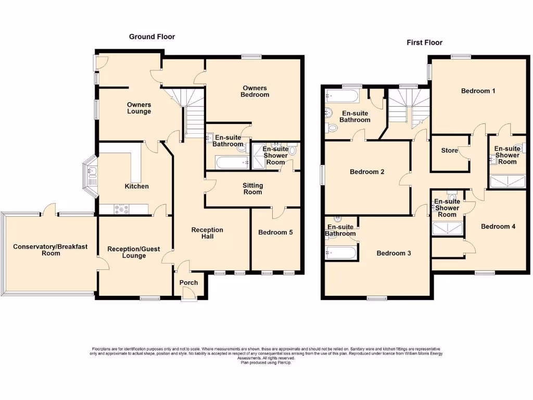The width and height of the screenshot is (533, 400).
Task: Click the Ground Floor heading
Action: click(x=152, y=37)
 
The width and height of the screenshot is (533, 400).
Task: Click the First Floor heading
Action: click(x=424, y=43)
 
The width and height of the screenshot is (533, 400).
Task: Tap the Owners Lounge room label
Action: click(x=139, y=108)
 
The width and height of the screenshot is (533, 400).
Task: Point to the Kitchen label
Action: click(x=136, y=186)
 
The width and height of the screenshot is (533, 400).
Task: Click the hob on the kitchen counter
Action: click(x=121, y=209)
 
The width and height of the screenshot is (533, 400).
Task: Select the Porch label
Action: click(x=188, y=283)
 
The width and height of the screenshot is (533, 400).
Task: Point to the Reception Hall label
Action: click(x=207, y=233)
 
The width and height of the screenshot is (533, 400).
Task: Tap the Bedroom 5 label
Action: click(x=275, y=233)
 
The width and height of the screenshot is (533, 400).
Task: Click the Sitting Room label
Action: click(x=253, y=189)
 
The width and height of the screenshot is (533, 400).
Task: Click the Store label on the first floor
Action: click(x=449, y=151)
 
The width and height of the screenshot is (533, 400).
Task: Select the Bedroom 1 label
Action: click(x=478, y=91)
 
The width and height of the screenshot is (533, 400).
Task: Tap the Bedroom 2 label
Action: click(x=367, y=172)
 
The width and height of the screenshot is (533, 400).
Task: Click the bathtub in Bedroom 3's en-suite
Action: click(x=341, y=254)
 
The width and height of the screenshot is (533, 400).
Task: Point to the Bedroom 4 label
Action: click(x=498, y=227)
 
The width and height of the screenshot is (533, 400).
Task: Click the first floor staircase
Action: click(x=409, y=107)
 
